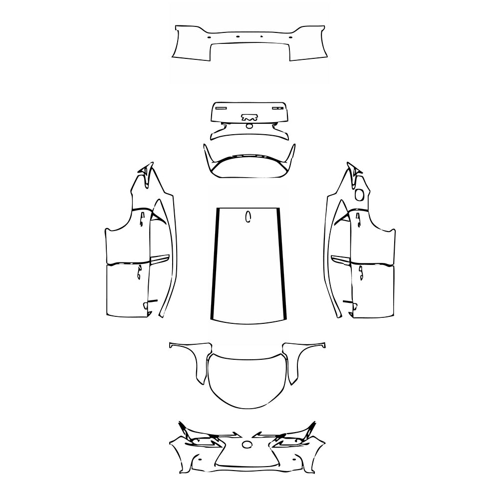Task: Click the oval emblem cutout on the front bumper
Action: [x=248, y=445]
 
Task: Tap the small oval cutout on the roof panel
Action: [x=248, y=217]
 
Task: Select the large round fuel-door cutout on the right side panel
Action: [x=359, y=194]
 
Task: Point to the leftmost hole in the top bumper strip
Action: [x=209, y=35]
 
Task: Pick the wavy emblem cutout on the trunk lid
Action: [x=249, y=118]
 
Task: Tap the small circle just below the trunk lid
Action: [x=249, y=126]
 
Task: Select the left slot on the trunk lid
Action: [x=220, y=107]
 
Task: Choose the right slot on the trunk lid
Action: [x=278, y=107]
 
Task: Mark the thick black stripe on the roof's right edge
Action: [x=282, y=264]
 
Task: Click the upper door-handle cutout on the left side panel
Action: [x=142, y=218]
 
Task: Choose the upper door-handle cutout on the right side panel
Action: [x=358, y=218]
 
